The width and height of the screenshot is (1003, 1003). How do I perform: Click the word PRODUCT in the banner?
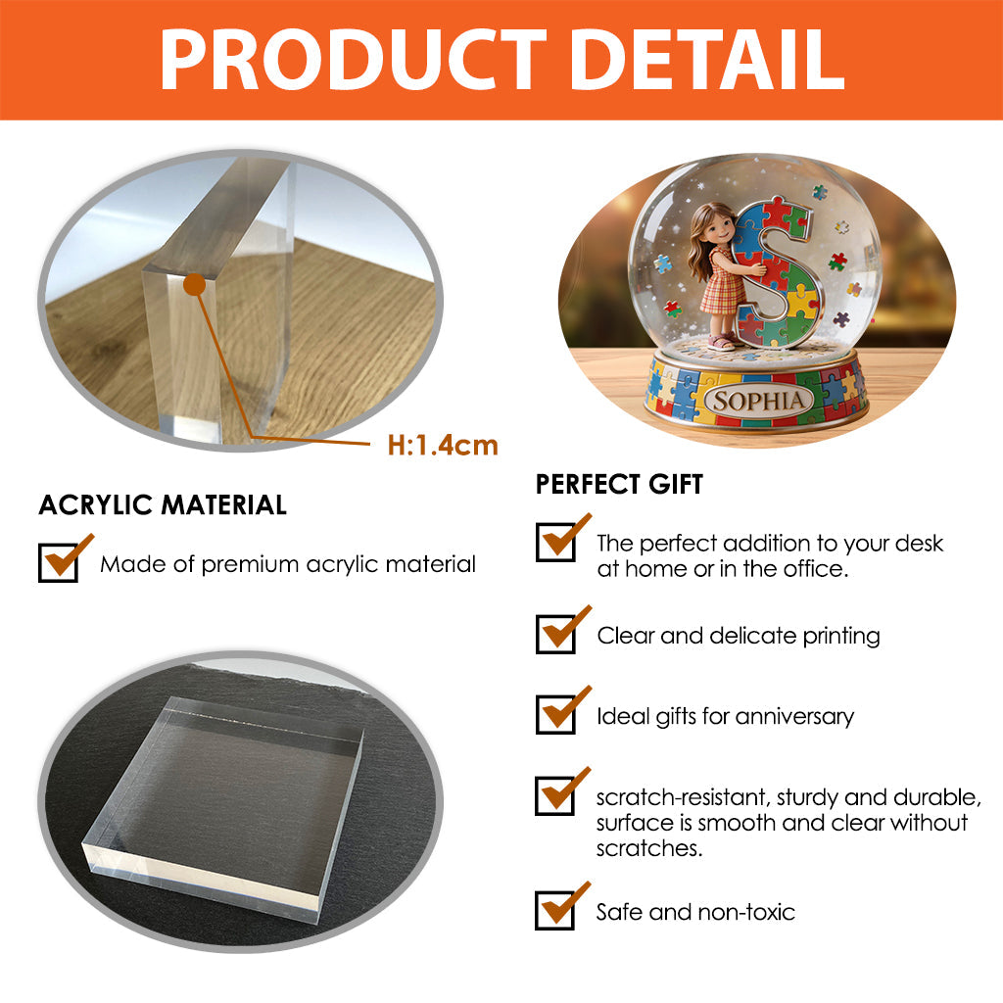click(x=353, y=60)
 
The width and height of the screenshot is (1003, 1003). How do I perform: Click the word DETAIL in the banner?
click(x=708, y=60)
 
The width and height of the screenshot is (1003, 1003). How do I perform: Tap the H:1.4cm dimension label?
click(x=443, y=446)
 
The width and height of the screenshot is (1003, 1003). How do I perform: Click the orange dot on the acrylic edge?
click(x=195, y=284)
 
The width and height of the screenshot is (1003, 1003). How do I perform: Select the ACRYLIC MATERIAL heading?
click(x=163, y=504)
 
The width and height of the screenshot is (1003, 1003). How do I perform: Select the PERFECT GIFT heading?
click(x=619, y=484)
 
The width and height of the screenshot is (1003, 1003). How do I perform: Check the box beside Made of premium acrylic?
click(x=58, y=562)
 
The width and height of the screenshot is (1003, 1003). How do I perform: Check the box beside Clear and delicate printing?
click(x=555, y=634)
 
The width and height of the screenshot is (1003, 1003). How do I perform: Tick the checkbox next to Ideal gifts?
click(x=555, y=714)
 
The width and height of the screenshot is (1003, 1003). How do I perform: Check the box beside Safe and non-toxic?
click(x=554, y=910)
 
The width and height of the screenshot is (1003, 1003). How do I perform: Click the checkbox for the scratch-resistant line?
click(x=554, y=795)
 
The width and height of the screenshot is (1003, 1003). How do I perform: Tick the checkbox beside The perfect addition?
click(x=555, y=542)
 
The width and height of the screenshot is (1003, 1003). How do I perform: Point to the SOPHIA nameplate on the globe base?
click(x=759, y=401)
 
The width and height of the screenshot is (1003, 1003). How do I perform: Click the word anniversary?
click(x=794, y=716)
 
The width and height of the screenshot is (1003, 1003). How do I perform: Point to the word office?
click(x=816, y=569)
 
